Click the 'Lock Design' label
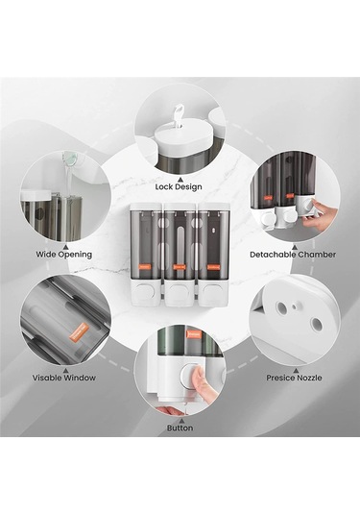pos(179,186)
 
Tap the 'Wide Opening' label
pos(64,254)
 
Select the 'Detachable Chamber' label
pos(293,255)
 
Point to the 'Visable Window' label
pos(64,378)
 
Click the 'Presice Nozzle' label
pos(294,378)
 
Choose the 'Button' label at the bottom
pos(180,428)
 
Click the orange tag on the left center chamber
pos(145,267)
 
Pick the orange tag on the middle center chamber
pos(180,267)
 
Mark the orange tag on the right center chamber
pos(213,267)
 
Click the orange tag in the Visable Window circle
pos(80,331)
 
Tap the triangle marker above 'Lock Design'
pos(180,179)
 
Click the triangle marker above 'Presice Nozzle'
pos(295,370)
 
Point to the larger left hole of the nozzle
pos(281,307)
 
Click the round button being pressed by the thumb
pos(192,374)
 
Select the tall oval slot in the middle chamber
pos(180,242)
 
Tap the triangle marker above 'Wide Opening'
pos(65,247)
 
